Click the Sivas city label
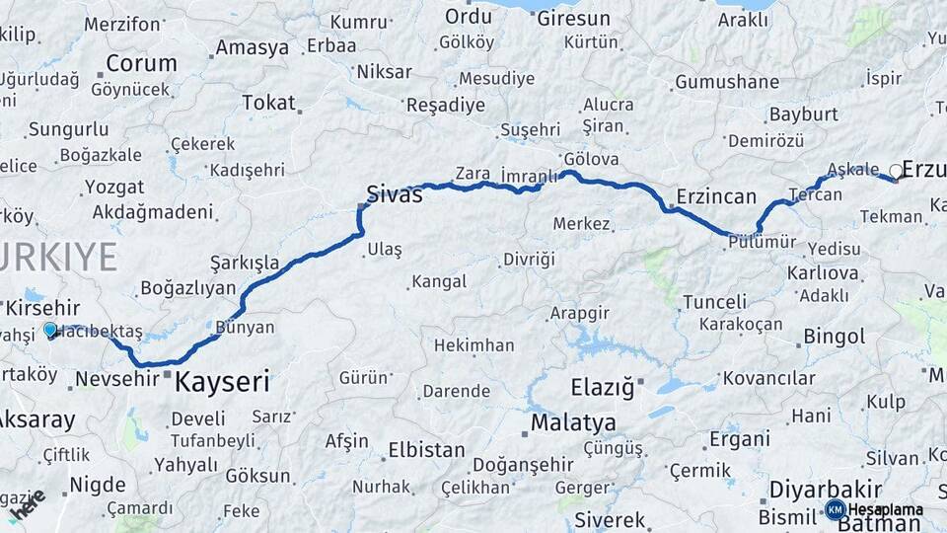click(x=395, y=194)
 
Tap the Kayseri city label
click(x=222, y=382)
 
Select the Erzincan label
click(x=716, y=195)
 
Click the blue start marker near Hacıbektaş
click(x=50, y=330)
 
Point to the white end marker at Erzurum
click(x=896, y=172)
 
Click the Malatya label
click(x=573, y=423)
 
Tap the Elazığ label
click(x=602, y=387)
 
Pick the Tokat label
click(x=268, y=103)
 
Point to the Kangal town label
click(x=439, y=282)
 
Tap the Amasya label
click(x=253, y=47)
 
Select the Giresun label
click(x=573, y=19)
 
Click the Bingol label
click(x=834, y=337)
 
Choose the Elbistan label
click(x=426, y=450)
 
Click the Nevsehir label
click(x=116, y=379)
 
